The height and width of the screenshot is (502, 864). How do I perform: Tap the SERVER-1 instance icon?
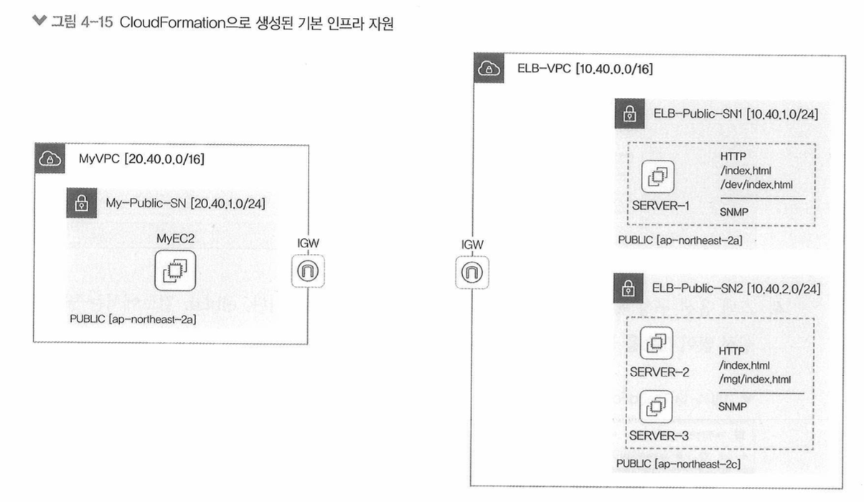tap(657, 177)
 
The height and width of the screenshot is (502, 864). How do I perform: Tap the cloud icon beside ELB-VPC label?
tap(489, 69)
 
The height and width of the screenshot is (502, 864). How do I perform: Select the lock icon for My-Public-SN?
tap(83, 204)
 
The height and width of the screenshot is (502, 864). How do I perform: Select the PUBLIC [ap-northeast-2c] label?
tap(678, 464)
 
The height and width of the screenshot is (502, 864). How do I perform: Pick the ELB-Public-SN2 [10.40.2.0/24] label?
tap(736, 289)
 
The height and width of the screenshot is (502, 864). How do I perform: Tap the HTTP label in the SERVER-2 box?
tap(731, 351)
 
